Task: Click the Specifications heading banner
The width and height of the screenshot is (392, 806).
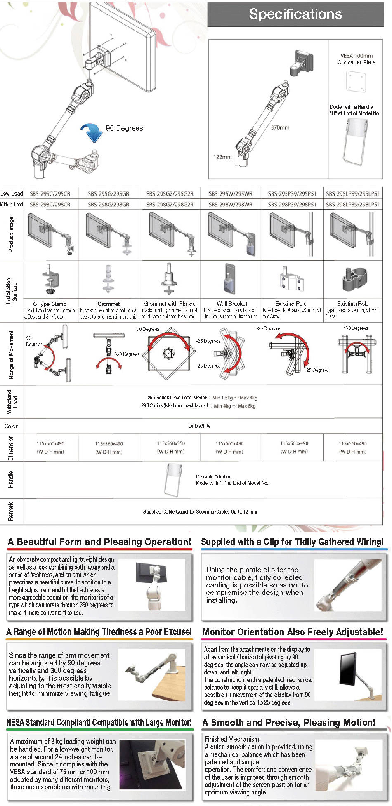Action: (295, 14)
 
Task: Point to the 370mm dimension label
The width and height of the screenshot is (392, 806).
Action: (280, 127)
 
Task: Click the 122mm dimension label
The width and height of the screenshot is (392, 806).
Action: (222, 157)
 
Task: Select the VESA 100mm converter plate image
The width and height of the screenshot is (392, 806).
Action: (356, 81)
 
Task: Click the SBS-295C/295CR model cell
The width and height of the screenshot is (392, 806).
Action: (50, 193)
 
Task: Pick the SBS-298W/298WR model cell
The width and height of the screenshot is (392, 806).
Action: (230, 204)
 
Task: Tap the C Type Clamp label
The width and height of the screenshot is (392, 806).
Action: (50, 304)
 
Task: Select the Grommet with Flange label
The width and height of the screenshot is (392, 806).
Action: (170, 304)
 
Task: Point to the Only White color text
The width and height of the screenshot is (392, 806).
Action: (199, 426)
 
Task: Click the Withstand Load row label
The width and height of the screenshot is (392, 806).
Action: (12, 401)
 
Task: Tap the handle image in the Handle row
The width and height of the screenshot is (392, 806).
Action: (173, 479)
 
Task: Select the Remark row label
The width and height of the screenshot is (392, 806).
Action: (11, 511)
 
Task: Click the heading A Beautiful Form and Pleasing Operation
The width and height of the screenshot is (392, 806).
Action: (99, 542)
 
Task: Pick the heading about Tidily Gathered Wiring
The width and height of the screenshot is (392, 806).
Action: (292, 542)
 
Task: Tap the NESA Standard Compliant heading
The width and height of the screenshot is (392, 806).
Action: (99, 722)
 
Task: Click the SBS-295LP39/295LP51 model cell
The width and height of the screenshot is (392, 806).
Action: (353, 193)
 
